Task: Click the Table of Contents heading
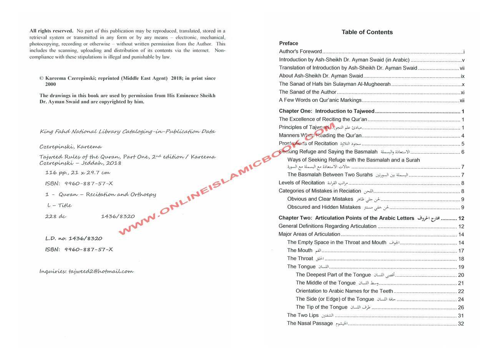point(367,32)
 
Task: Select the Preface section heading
point(289,43)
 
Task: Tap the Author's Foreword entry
point(301,52)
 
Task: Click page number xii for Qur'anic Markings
point(462,100)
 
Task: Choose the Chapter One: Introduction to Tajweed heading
point(327,111)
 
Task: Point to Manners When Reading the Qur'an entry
point(320,135)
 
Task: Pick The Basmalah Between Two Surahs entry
point(330,175)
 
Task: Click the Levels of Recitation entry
point(302,183)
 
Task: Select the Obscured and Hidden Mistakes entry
point(324,207)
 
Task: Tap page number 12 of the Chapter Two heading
point(461,218)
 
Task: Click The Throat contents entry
point(300,258)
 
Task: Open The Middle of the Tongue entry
point(326,283)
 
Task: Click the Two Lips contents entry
point(303,315)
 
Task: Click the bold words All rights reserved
point(51,31)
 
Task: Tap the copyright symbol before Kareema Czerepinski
point(42,78)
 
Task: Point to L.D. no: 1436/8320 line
point(74,238)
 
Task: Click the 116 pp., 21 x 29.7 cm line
point(78,173)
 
